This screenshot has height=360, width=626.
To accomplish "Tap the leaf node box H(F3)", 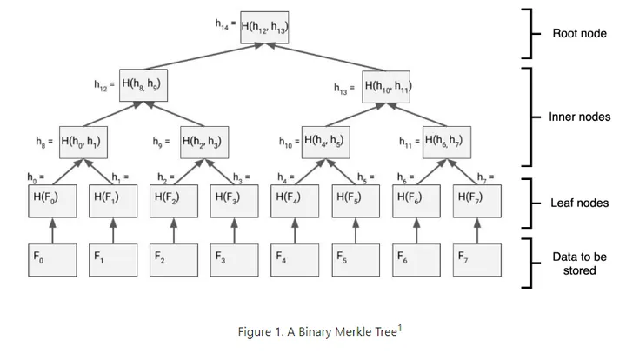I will click(233, 199).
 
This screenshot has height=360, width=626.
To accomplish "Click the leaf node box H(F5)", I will click(355, 199).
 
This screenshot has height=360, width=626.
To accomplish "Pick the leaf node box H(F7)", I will click(476, 199).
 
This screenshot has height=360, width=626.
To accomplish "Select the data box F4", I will click(295, 259).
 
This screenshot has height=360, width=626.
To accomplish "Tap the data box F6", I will click(416, 259).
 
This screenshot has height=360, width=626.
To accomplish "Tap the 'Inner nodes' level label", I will click(579, 117).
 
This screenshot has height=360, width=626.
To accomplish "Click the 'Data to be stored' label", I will click(579, 263).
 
